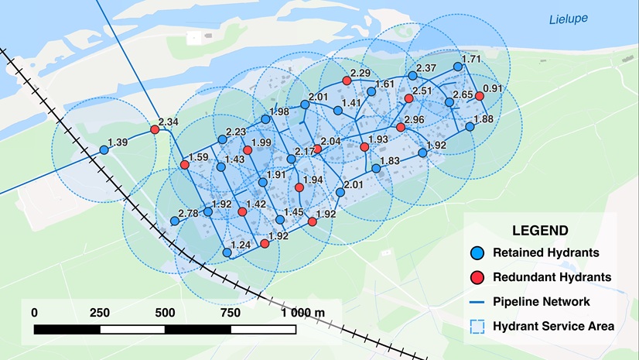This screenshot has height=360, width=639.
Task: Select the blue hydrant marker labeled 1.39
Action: tap(104, 150)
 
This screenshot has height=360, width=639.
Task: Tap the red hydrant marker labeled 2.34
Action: tap(155, 130)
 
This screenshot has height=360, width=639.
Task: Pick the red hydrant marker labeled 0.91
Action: tap(480, 96)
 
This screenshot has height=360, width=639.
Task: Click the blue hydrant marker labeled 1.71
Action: tap(458, 67)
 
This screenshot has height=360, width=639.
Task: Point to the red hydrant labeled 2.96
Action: tap(400, 127)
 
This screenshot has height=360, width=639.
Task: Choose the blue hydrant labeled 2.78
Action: tap(175, 221)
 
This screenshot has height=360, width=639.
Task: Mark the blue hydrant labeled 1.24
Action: tap(227, 252)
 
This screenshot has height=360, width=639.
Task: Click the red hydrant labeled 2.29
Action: tap(347, 81)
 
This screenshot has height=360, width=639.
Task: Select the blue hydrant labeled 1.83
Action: tap(376, 168)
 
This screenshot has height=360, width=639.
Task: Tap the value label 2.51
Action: tap(422, 91)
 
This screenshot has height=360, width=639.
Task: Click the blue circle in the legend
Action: tap(477, 252)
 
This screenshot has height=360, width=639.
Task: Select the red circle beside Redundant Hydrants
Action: tap(477, 277)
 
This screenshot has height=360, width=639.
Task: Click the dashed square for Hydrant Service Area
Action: tap(477, 326)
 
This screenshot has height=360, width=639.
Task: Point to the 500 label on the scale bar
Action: tap(165, 313)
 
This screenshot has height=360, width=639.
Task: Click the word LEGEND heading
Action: tap(540, 231)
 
